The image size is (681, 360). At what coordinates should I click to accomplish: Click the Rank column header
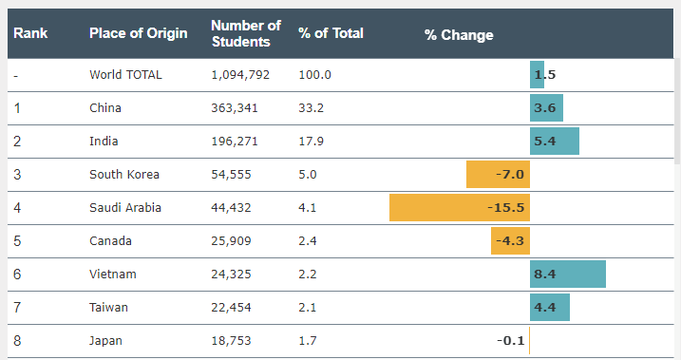pyautogui.click(x=30, y=33)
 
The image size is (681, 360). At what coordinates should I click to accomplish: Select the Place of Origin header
pyautogui.click(x=138, y=33)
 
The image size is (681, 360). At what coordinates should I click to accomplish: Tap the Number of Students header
pyautogui.click(x=246, y=33)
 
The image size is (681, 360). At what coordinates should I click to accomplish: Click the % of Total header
pyautogui.click(x=331, y=33)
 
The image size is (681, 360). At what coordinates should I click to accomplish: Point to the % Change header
pyautogui.click(x=459, y=35)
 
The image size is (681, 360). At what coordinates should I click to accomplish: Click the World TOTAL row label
pyautogui.click(x=125, y=75)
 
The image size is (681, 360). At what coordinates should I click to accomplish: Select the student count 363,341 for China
pyautogui.click(x=235, y=107)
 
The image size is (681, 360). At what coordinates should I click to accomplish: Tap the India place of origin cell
pyautogui.click(x=104, y=142)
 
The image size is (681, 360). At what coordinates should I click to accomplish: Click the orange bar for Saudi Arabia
pyautogui.click(x=460, y=208)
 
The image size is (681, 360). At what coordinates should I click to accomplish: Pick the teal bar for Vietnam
pyautogui.click(x=568, y=274)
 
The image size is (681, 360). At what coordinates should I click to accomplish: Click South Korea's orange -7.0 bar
pyautogui.click(x=498, y=175)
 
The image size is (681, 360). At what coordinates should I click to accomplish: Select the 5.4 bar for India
pyautogui.click(x=554, y=142)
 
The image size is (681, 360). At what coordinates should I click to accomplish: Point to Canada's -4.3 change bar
pyautogui.click(x=510, y=241)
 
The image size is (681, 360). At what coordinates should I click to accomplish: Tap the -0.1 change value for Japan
pyautogui.click(x=510, y=340)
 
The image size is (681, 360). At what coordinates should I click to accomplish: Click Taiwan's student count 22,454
pyautogui.click(x=231, y=308)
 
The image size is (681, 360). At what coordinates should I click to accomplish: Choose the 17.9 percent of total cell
pyautogui.click(x=311, y=142)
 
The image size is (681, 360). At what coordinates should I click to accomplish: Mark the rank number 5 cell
pyautogui.click(x=17, y=241)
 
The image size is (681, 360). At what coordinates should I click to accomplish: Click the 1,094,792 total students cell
pyautogui.click(x=240, y=75)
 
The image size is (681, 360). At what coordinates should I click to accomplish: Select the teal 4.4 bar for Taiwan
pyautogui.click(x=549, y=308)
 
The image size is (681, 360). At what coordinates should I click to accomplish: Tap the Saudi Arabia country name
pyautogui.click(x=125, y=208)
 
